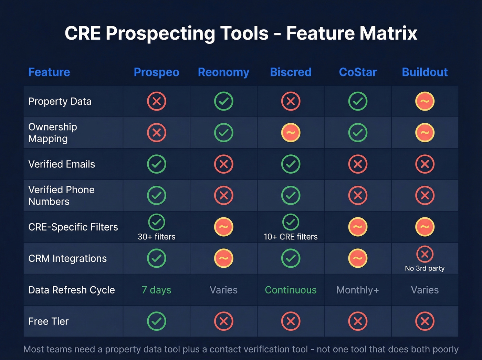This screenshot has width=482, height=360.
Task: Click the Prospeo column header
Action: point(156,72)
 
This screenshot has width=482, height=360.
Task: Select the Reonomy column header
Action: point(223,72)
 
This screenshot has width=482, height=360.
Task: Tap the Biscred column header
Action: point(291,72)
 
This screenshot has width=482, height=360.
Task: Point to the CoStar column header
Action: point(358,72)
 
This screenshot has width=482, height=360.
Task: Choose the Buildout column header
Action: point(425,72)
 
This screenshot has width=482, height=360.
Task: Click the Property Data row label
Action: point(60,102)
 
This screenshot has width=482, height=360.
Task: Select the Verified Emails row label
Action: point(62,164)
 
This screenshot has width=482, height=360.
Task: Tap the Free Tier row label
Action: point(49,321)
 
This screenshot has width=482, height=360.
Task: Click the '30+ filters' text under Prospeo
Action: point(157,237)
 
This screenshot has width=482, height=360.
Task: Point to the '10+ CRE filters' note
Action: point(291,237)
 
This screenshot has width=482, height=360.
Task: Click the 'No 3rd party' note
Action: point(425,268)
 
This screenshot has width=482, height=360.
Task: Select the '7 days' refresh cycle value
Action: point(156,290)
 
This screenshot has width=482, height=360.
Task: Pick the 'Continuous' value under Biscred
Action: point(291,290)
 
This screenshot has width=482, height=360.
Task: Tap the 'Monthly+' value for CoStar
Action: point(358,290)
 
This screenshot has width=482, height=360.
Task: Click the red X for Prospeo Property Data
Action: point(157,101)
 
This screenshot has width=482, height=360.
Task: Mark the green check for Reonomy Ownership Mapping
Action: point(224,133)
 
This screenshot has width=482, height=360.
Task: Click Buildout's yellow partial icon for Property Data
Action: point(425,101)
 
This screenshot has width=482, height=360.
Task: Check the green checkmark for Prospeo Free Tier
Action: point(157,321)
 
